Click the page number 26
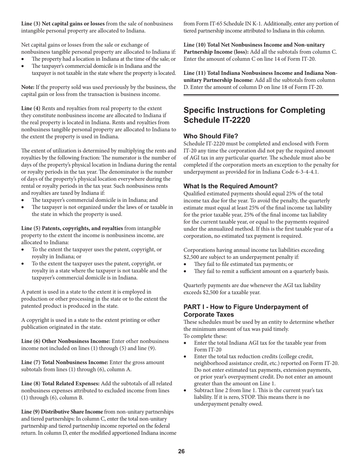click(x=182, y=451)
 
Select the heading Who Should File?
click(x=211, y=136)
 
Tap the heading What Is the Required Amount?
click(x=230, y=186)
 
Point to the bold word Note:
click(x=28, y=87)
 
